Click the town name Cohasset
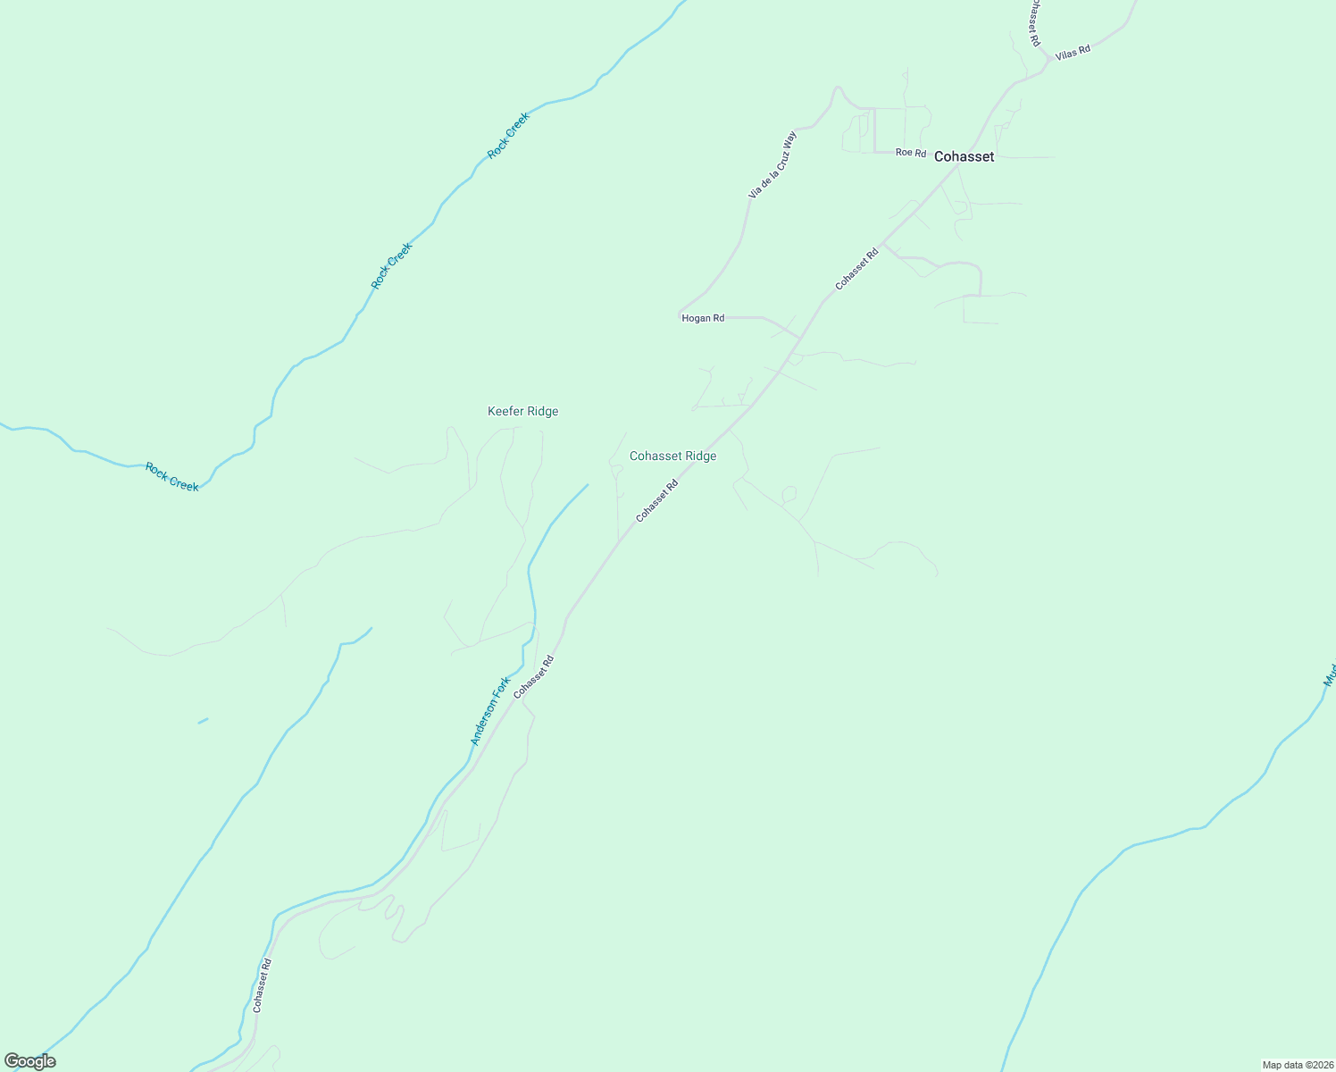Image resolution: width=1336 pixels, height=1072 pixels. click(x=964, y=156)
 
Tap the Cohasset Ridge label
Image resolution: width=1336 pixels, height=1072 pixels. click(x=672, y=456)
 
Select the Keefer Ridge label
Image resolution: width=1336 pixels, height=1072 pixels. click(x=522, y=411)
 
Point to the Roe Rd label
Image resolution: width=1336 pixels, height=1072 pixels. click(x=911, y=153)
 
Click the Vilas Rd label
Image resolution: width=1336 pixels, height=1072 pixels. click(x=1073, y=52)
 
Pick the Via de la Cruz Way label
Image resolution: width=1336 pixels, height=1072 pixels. click(x=772, y=164)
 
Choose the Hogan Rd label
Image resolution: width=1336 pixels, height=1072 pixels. click(x=703, y=318)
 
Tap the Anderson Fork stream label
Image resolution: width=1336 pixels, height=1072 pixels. click(x=490, y=711)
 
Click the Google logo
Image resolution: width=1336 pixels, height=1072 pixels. click(x=29, y=1061)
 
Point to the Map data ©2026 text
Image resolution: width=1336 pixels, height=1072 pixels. click(x=1297, y=1065)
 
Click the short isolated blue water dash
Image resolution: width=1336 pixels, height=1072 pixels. click(x=203, y=720)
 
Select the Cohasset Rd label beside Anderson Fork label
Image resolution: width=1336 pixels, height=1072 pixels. click(x=534, y=677)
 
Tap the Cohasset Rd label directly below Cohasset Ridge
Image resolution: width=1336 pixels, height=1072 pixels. click(x=657, y=501)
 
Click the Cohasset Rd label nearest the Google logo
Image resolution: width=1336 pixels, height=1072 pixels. click(x=261, y=985)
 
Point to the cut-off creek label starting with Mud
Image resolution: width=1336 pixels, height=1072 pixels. click(x=1330, y=674)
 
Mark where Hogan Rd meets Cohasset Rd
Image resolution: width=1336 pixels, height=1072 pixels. click(x=800, y=339)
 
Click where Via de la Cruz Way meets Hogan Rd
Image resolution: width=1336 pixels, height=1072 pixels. click(x=681, y=314)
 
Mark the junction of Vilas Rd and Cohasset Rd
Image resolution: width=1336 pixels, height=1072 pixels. click(x=1048, y=63)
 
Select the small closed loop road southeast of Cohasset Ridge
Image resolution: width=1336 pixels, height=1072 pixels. click(x=789, y=494)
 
